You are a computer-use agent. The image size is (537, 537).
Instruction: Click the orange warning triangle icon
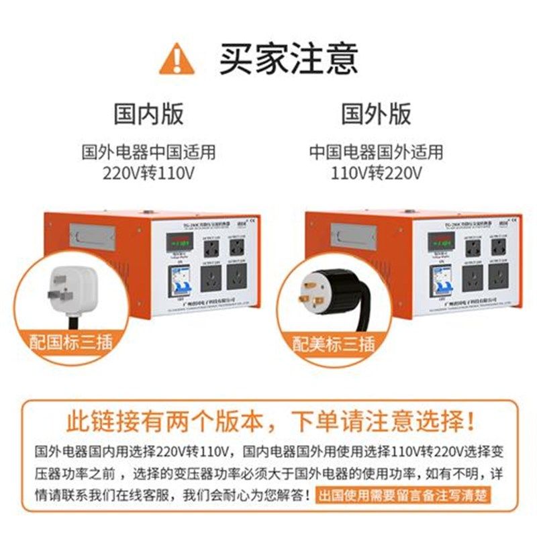click(x=177, y=58)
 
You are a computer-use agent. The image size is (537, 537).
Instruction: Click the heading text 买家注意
click(x=288, y=58)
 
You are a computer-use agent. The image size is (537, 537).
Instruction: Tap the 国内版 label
click(x=148, y=113)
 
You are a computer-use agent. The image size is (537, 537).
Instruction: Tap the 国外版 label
click(x=376, y=113)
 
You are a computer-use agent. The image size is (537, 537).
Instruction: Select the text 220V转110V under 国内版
click(x=148, y=174)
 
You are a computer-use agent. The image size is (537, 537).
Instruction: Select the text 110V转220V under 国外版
click(x=376, y=174)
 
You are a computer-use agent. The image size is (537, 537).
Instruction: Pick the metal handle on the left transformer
click(x=95, y=236)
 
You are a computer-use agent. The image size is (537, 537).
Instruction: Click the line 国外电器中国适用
click(x=148, y=152)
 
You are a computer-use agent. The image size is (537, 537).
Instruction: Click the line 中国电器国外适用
click(x=376, y=152)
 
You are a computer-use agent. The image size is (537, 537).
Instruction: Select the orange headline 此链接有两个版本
click(x=168, y=422)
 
